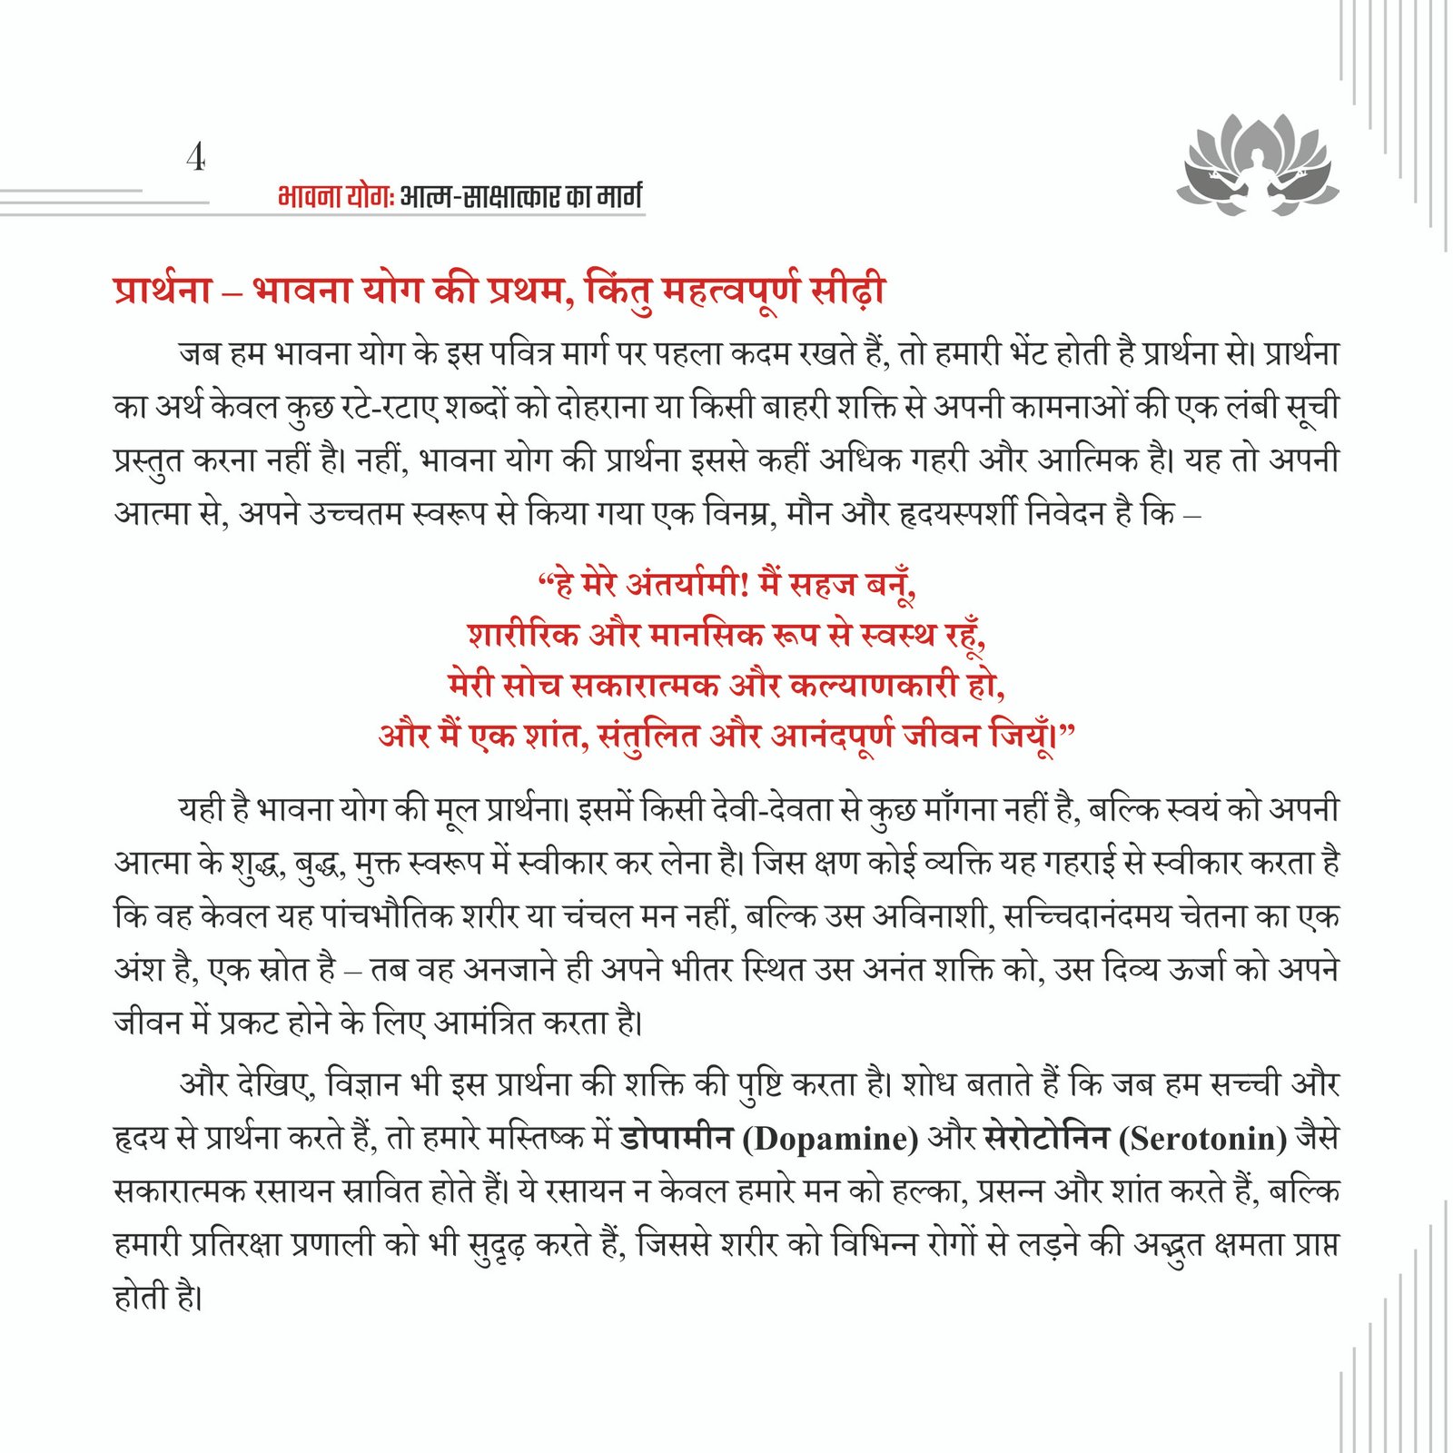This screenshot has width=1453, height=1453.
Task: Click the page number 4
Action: [x=195, y=157]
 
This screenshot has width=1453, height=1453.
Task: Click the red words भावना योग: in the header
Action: [x=334, y=196]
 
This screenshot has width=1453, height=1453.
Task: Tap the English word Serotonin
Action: [x=1203, y=1138]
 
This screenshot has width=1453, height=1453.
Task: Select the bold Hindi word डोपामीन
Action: [x=676, y=1138]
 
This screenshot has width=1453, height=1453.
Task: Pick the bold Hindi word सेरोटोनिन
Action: [x=1046, y=1138]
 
